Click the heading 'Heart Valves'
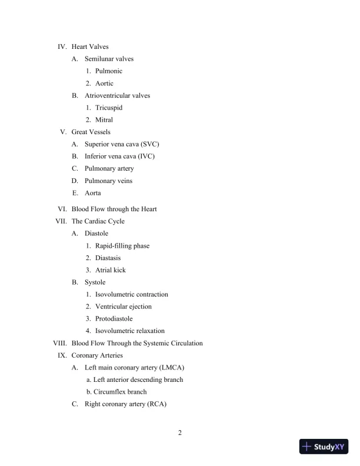tap(90, 46)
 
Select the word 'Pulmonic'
tap(109, 71)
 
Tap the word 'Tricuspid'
tap(109, 108)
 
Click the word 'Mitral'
tap(104, 120)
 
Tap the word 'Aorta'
tap(93, 193)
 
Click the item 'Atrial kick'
tap(111, 270)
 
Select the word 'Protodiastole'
tap(114, 318)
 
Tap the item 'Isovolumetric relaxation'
tap(130, 331)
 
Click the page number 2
tap(180, 434)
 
